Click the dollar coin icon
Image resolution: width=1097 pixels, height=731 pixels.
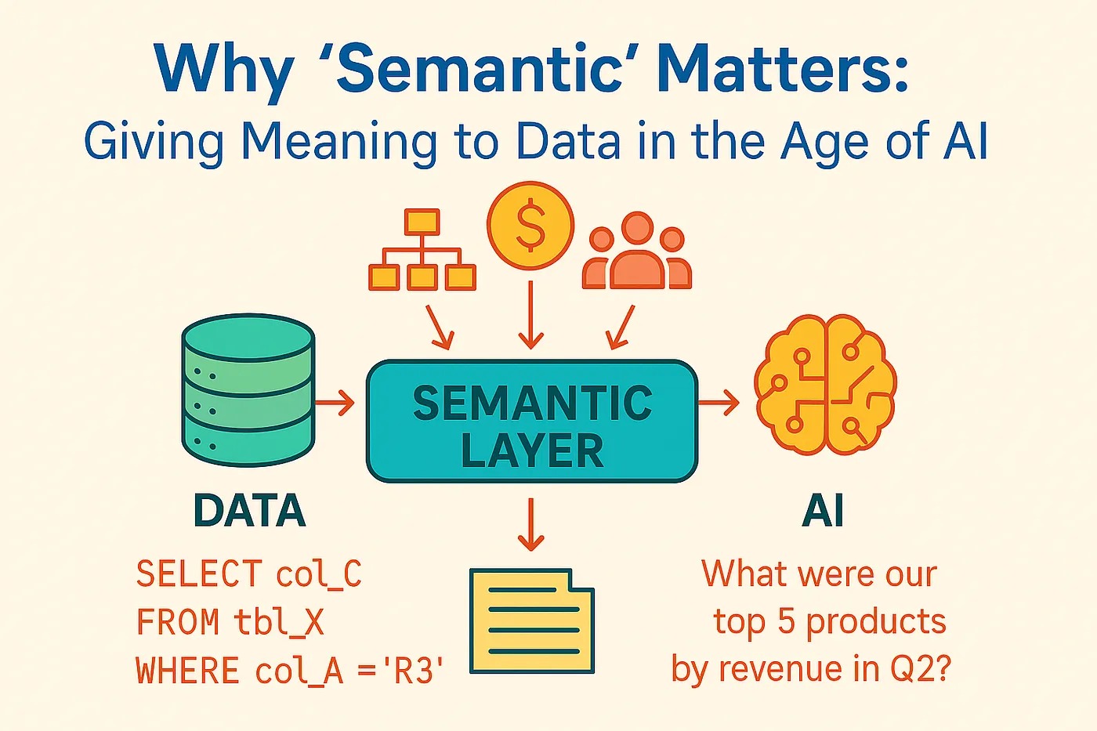(x=530, y=226)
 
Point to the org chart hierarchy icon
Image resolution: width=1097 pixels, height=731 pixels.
(x=422, y=250)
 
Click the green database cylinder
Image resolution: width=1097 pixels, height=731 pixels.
(x=248, y=389)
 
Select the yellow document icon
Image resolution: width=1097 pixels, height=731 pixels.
(x=532, y=621)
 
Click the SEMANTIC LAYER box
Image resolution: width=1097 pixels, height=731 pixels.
(x=532, y=422)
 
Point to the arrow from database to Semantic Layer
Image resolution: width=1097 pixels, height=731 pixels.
(x=335, y=403)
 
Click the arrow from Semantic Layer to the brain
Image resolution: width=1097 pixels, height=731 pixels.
(x=719, y=403)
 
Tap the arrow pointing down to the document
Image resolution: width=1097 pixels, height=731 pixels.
(x=531, y=524)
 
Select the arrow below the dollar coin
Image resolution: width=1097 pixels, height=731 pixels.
(x=531, y=315)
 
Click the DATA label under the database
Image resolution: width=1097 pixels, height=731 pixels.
(x=250, y=511)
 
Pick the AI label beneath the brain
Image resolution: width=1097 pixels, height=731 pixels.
(x=824, y=511)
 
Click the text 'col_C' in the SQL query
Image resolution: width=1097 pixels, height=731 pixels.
(x=319, y=574)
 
